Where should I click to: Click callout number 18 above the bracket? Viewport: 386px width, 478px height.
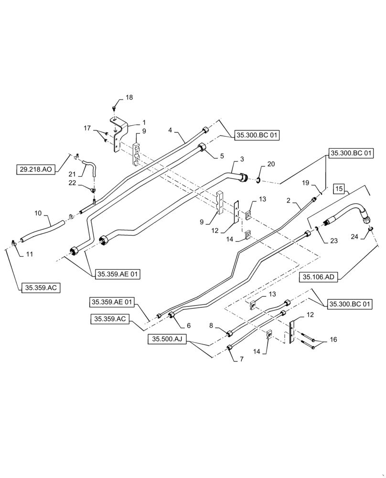click(x=129, y=98)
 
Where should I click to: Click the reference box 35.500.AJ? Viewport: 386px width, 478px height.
click(x=166, y=339)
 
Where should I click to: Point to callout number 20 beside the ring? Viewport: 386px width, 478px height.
click(x=271, y=164)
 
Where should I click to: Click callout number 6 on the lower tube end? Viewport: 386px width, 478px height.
click(x=189, y=326)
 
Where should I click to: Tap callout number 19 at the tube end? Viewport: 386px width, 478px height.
click(x=306, y=183)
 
